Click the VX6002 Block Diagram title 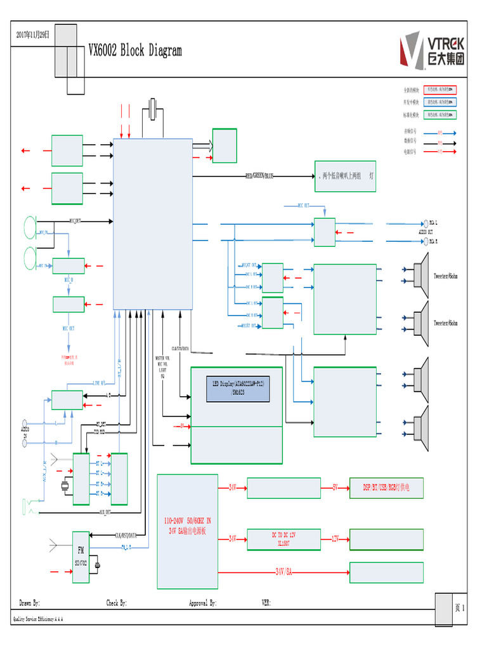(135, 51)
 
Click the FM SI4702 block (81, 555)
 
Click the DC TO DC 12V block (283, 538)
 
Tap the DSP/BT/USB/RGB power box (386, 487)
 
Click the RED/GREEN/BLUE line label (259, 176)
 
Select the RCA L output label (434, 223)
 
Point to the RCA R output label (434, 241)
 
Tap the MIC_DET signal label (75, 222)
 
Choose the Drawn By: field (30, 603)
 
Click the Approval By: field (203, 603)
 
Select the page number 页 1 (460, 607)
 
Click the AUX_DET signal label (105, 512)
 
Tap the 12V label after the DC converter (335, 538)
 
